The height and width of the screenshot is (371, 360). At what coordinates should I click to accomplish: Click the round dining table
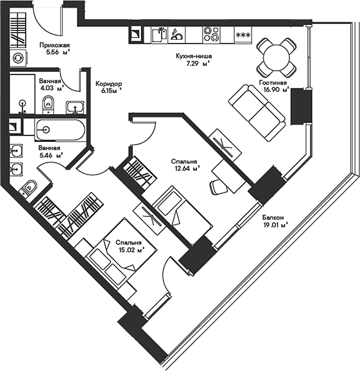(277, 58)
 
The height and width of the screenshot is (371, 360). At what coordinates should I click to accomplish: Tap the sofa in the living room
(257, 112)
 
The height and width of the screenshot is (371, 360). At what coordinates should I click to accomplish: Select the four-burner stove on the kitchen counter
(211, 35)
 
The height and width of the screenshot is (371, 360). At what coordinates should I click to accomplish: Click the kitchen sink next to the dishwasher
(159, 35)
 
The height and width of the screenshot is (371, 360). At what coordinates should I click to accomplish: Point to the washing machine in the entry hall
(18, 58)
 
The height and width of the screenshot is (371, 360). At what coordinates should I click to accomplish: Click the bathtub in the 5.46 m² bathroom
(60, 130)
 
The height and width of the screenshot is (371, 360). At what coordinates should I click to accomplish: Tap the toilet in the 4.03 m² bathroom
(48, 105)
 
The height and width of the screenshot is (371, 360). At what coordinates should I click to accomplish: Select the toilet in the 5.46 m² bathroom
(29, 188)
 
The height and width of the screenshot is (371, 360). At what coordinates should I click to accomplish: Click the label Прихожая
(55, 45)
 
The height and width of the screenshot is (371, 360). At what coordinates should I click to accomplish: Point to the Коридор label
(109, 83)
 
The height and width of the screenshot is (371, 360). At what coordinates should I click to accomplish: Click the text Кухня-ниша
(194, 56)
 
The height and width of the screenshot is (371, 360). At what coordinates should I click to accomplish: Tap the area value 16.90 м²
(277, 89)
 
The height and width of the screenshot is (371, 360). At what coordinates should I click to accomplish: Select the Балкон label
(273, 217)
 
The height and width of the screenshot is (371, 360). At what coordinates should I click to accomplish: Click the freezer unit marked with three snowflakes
(243, 35)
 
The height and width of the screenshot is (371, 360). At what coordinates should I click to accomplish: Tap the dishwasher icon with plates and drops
(176, 35)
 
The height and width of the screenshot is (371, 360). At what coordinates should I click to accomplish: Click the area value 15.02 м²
(132, 250)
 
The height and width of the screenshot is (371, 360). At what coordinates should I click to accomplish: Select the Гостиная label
(273, 83)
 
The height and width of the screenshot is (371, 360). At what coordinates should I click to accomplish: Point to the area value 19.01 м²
(275, 225)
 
